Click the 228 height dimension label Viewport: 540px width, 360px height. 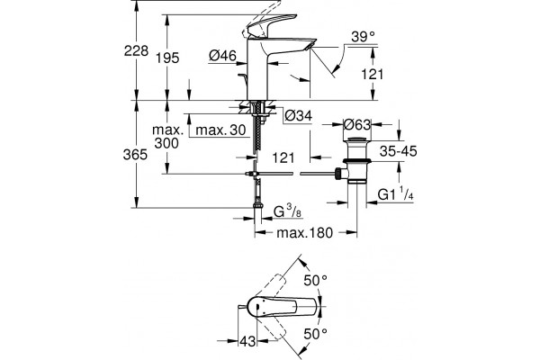tap(137, 51)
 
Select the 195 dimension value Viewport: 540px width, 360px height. tap(167, 58)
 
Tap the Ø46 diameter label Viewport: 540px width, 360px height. tap(223, 56)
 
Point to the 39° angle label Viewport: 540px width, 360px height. tap(363, 37)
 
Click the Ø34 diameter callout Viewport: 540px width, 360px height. tap(299, 116)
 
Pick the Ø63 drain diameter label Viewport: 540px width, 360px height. tap(357, 124)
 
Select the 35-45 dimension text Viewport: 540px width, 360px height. tap(399, 151)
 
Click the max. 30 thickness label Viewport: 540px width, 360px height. tap(220, 130)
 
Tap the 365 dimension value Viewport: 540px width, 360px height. tap(135, 155)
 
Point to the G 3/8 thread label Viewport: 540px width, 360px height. tap(288, 211)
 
